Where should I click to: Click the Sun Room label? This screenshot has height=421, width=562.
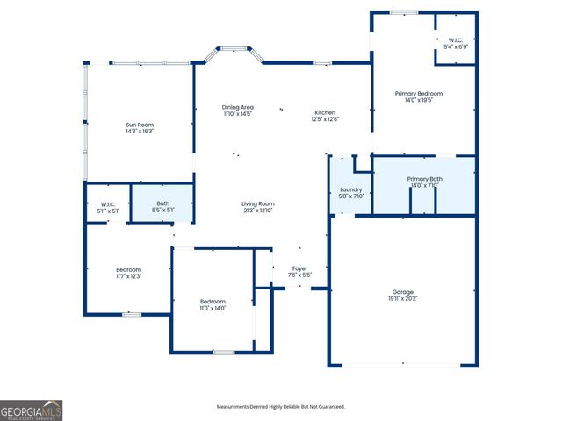tap(140, 125)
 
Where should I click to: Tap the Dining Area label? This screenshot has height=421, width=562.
tap(237, 107)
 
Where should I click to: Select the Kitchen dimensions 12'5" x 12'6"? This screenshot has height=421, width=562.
tap(325, 119)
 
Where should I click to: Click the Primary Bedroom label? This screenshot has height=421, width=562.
tap(418, 93)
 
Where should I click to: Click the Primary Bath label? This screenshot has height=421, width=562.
tap(424, 178)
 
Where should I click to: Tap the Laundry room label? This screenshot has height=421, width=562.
tap(351, 189)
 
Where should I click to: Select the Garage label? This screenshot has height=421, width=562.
tap(403, 291)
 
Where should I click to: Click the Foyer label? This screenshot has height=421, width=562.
tap(299, 268)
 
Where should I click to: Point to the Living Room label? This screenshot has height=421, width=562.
tap(258, 203)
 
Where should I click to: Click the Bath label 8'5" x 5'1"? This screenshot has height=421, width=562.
tap(162, 203)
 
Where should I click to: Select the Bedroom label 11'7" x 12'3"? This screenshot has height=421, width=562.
tap(128, 269)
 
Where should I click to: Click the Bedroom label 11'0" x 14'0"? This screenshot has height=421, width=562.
tap(213, 301)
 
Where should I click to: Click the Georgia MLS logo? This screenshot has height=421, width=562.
tap(31, 410)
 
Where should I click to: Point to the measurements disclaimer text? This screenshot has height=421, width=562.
tap(281, 406)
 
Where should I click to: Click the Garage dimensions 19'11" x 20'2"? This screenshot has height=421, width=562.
tap(403, 299)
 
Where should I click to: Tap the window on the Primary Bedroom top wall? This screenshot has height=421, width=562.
tap(403, 12)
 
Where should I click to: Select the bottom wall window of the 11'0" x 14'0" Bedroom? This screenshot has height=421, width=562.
tap(223, 352)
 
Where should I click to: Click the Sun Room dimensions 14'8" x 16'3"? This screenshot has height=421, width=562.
tap(140, 132)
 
